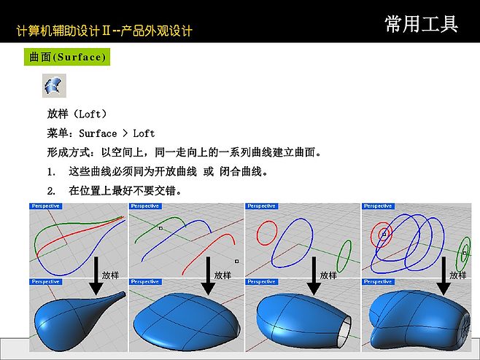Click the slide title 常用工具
422,24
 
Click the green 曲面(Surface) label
68,57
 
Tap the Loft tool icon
53,86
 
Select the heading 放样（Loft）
77,114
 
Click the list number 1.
51,172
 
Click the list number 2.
51,191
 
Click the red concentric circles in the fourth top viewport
383,234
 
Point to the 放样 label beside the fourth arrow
458,275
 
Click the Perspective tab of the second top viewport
144,206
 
